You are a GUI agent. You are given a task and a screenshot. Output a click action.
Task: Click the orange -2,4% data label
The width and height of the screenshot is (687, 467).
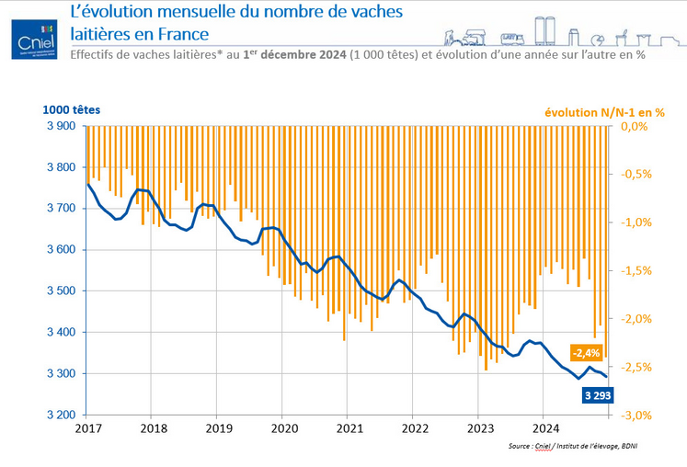click(x=585, y=352)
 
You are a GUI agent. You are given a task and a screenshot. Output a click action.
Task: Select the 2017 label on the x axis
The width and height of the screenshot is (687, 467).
click(x=88, y=428)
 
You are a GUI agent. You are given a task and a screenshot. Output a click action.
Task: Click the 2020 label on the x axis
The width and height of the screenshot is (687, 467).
click(x=284, y=428)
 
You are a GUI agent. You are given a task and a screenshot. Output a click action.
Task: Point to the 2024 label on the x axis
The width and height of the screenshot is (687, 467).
click(x=545, y=428)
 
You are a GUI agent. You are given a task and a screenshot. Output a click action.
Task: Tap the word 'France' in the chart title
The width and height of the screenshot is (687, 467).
click(x=177, y=34)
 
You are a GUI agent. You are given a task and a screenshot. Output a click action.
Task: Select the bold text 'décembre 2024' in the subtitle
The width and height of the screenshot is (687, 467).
click(x=301, y=54)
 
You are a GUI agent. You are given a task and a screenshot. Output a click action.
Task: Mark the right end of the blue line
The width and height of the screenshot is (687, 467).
click(x=607, y=376)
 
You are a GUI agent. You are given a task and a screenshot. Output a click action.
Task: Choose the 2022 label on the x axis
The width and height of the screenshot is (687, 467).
click(x=415, y=428)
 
